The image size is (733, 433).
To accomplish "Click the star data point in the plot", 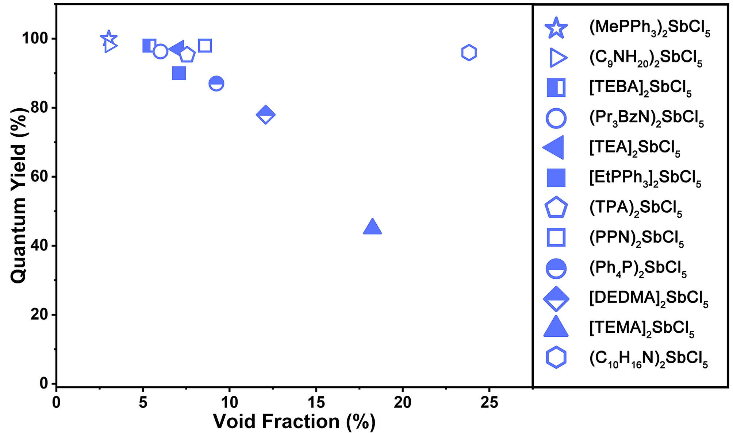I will click(109, 38).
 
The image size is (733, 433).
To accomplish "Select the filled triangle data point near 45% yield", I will click(372, 227).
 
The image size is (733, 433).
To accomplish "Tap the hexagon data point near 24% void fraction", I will click(469, 53).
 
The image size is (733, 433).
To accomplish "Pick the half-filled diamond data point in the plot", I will click(266, 115).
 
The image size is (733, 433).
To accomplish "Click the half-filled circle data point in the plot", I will click(216, 84).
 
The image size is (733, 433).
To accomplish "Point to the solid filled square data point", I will click(179, 73).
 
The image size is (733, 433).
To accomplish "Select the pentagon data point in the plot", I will click(187, 55).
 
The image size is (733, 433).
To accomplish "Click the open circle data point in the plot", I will click(160, 52).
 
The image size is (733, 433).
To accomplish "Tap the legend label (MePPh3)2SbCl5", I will click(649, 28).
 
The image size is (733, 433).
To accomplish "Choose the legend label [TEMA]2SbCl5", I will click(641, 328).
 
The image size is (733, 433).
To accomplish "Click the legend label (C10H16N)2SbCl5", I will click(648, 359).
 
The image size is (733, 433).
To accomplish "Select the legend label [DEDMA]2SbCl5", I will click(648, 299).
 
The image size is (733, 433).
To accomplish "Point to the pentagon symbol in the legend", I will click(556, 208).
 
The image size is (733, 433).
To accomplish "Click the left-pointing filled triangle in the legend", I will click(554, 147).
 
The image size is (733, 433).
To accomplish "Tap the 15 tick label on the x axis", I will click(316, 403).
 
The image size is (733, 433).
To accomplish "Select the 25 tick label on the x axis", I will click(489, 403).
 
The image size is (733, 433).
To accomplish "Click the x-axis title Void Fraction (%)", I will click(294, 422).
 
